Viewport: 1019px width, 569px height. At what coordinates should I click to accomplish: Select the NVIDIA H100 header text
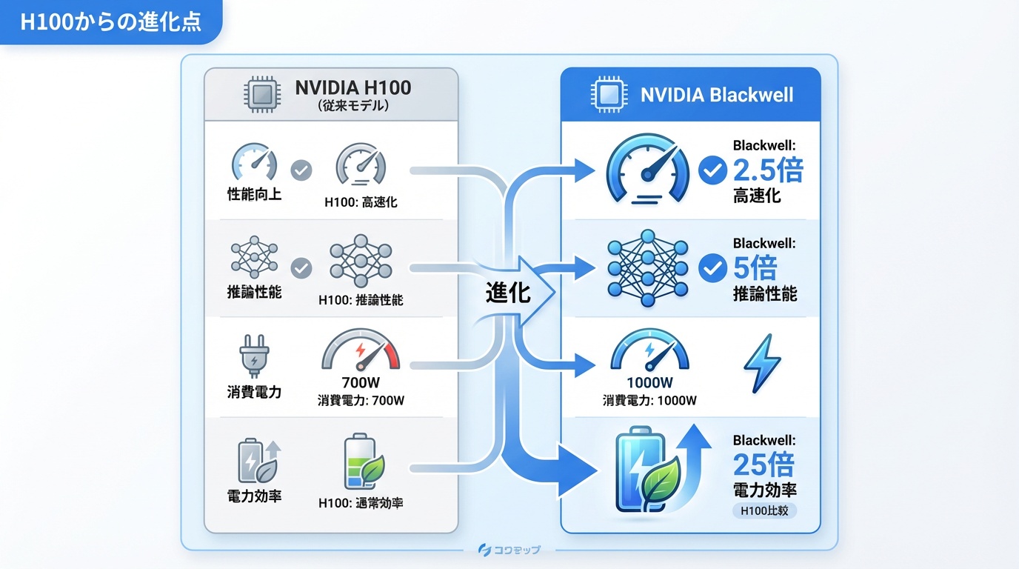[x=353, y=88]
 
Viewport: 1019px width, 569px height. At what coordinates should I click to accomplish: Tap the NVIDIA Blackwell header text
[x=716, y=95]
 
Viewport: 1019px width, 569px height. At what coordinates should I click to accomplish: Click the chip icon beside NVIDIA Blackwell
[x=605, y=96]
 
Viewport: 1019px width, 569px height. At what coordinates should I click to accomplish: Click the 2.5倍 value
[x=767, y=170]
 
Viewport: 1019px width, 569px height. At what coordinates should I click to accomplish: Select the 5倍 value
[x=755, y=267]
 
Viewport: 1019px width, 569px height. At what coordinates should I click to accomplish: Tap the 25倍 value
[x=763, y=465]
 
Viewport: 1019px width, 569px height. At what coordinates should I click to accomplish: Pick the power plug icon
[x=253, y=357]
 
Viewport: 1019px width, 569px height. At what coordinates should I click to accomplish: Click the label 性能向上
[x=254, y=196]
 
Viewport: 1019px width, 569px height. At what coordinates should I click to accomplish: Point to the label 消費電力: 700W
[x=361, y=401]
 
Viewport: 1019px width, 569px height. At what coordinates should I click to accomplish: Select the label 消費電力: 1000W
[x=649, y=401]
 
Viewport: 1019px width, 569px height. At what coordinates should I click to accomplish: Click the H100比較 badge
[x=764, y=510]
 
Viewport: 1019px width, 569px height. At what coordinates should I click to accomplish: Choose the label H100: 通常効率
[x=361, y=503]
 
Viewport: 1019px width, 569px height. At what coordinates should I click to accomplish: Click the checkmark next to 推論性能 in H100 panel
[x=301, y=267]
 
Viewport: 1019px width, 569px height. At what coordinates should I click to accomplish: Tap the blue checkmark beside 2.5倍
[x=712, y=171]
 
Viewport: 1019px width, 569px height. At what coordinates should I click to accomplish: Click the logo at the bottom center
[x=509, y=549]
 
